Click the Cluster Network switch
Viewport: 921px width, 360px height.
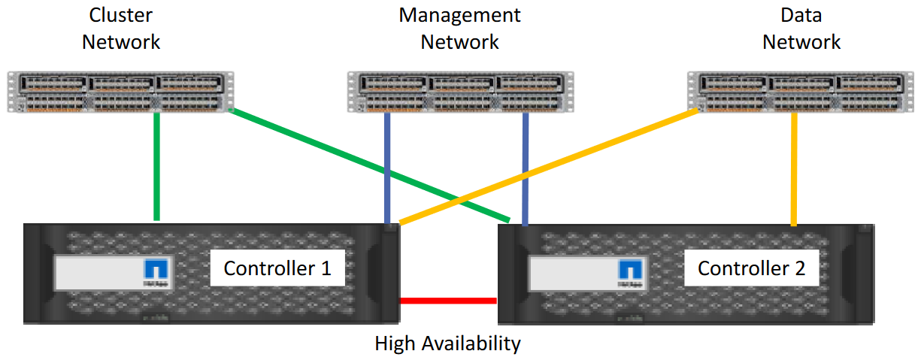click(x=121, y=92)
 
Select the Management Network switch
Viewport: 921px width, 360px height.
click(x=460, y=92)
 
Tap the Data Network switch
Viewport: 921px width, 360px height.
click(x=801, y=92)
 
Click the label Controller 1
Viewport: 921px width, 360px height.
click(x=277, y=268)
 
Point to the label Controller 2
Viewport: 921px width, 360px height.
click(x=752, y=268)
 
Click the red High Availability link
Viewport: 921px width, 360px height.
click(x=449, y=301)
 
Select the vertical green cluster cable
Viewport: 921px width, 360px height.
click(x=156, y=166)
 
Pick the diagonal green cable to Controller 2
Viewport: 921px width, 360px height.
click(x=369, y=165)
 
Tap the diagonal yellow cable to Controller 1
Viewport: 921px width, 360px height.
click(x=549, y=166)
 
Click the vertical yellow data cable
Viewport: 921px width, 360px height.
click(x=794, y=169)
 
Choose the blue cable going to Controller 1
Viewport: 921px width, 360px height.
click(x=387, y=168)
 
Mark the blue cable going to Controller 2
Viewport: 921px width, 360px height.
click(x=526, y=169)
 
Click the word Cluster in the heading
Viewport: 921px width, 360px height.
click(x=121, y=15)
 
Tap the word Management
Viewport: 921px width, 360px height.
click(x=459, y=16)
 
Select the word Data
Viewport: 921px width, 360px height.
click(x=801, y=15)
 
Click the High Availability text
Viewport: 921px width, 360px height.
click(x=448, y=343)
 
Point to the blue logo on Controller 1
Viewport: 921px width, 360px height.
click(x=156, y=269)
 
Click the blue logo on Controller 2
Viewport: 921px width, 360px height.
click(x=630, y=270)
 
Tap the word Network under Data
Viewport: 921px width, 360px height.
click(x=801, y=42)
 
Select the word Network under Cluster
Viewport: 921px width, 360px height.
click(x=121, y=42)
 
